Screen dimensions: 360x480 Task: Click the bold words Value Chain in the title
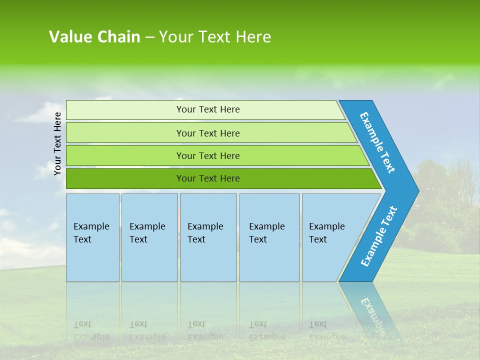click(x=94, y=37)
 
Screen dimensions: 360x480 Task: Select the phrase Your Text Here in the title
click(x=215, y=37)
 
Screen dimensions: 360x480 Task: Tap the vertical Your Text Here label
click(x=57, y=143)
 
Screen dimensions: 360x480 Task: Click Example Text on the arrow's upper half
click(x=378, y=142)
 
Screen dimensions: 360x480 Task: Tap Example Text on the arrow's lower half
click(x=378, y=236)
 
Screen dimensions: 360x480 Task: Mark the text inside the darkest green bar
click(x=208, y=178)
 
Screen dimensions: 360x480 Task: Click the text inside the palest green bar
click(x=208, y=109)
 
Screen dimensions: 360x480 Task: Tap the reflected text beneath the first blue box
click(x=91, y=330)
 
